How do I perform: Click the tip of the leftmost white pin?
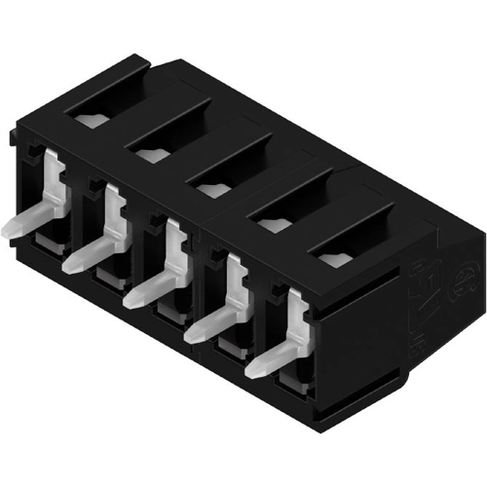tap(10, 228)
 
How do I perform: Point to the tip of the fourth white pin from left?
tap(192, 333)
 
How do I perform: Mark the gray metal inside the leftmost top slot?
tap(89, 121)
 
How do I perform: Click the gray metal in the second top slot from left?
tap(149, 154)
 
